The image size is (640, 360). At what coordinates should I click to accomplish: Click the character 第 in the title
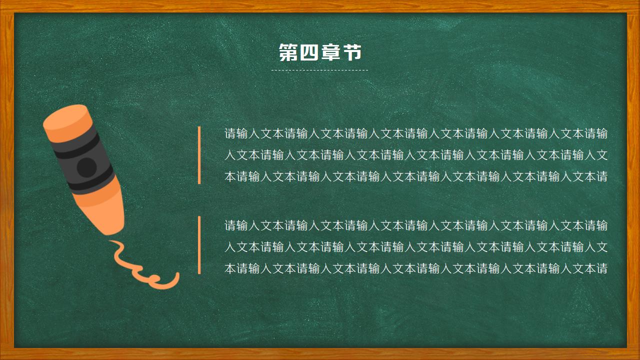click(x=288, y=52)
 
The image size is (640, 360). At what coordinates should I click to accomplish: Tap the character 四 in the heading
click(x=309, y=52)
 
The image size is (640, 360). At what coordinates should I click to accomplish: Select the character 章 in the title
click(x=330, y=52)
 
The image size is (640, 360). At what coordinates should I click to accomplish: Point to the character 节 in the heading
click(x=352, y=52)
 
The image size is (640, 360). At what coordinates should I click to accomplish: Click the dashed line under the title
click(x=319, y=70)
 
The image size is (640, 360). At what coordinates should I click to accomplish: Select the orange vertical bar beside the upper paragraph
click(x=199, y=155)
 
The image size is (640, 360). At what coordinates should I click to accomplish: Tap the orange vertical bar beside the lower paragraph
click(x=199, y=245)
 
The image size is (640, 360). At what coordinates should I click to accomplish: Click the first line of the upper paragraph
click(x=416, y=133)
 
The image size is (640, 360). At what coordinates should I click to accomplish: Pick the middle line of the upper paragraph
click(x=416, y=155)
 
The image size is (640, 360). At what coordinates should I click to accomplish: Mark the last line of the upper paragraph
click(x=416, y=176)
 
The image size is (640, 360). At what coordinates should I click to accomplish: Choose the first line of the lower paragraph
click(x=416, y=225)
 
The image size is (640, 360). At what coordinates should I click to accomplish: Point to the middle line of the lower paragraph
click(x=416, y=247)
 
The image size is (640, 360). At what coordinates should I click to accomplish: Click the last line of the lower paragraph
click(x=416, y=268)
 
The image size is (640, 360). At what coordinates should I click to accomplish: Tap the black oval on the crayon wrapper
click(x=86, y=167)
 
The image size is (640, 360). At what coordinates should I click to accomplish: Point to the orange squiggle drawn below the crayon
click(x=145, y=272)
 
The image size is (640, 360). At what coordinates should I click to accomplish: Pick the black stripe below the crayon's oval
click(x=97, y=183)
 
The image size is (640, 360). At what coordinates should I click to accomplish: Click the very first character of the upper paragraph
click(x=230, y=133)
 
